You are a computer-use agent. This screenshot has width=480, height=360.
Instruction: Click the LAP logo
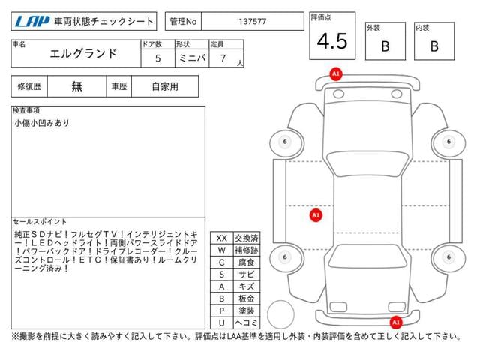[x=29, y=22]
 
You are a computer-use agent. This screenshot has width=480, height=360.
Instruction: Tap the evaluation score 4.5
[x=331, y=42]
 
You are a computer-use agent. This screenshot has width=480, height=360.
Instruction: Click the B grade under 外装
[x=385, y=46]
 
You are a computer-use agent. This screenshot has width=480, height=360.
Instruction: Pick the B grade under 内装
[x=433, y=46]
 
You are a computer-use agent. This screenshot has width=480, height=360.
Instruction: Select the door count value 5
[x=157, y=56]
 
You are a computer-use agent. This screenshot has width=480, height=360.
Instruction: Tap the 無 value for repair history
[x=77, y=86]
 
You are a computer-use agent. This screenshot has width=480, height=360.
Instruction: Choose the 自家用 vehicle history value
[x=165, y=86]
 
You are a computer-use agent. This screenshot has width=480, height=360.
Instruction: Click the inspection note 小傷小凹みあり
[x=41, y=123]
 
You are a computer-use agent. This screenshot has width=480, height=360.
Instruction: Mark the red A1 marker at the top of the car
[x=336, y=73]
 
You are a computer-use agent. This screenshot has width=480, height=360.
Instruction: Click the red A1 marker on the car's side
[x=316, y=214]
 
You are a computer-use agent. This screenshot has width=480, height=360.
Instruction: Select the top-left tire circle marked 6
[x=284, y=142]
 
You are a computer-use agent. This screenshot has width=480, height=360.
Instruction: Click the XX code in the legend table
[x=221, y=238]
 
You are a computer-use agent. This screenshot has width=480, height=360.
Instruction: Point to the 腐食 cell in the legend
[x=246, y=262]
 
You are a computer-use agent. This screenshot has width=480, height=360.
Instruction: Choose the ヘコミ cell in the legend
[x=246, y=322]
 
